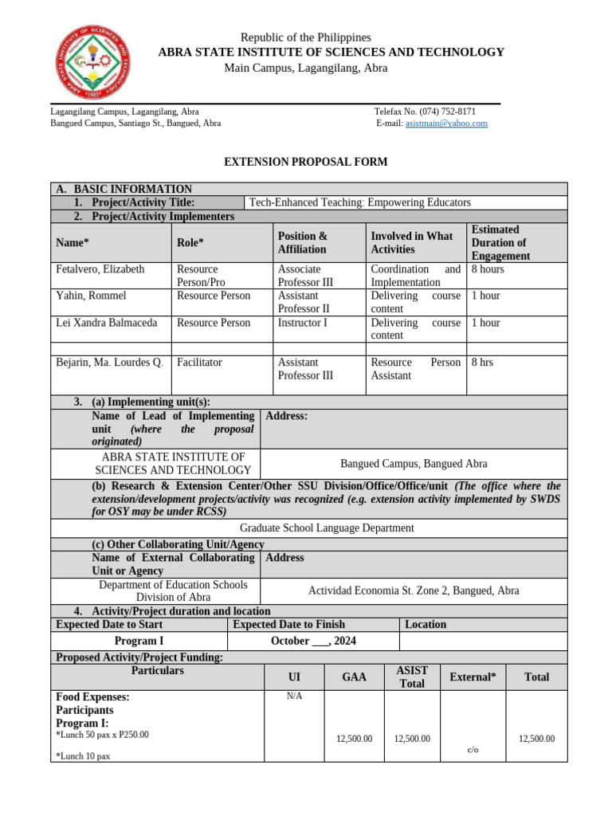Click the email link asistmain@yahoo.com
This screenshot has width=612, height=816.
click(x=446, y=124)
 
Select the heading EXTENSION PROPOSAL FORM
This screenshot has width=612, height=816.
click(x=305, y=162)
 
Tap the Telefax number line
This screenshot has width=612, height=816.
click(x=425, y=112)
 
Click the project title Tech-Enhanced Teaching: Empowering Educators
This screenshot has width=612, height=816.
click(x=360, y=202)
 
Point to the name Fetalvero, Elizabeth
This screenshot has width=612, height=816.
click(x=100, y=269)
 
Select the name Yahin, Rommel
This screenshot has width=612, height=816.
click(x=91, y=296)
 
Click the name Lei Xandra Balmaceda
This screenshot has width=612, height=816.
click(x=108, y=323)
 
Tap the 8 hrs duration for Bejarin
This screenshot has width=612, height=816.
click(x=482, y=363)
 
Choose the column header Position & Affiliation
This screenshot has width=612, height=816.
click(x=302, y=242)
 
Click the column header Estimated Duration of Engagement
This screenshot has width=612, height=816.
click(x=500, y=242)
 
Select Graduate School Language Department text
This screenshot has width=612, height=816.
click(x=327, y=528)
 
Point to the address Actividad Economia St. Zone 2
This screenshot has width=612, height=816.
click(x=413, y=590)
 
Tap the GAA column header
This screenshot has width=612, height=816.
click(x=354, y=677)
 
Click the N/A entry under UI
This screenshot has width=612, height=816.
click(x=294, y=696)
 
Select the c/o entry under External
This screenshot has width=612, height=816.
click(x=473, y=750)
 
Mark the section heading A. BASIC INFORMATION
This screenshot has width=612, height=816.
click(x=124, y=189)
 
